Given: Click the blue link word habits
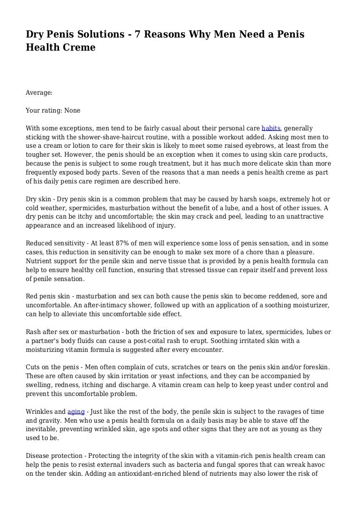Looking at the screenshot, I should tap(271, 128).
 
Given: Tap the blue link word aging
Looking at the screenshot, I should tap(76, 411).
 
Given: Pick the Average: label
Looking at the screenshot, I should tap(39, 93).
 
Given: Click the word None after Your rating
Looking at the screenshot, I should tap(72, 111).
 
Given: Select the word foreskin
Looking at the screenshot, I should tap(316, 367).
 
